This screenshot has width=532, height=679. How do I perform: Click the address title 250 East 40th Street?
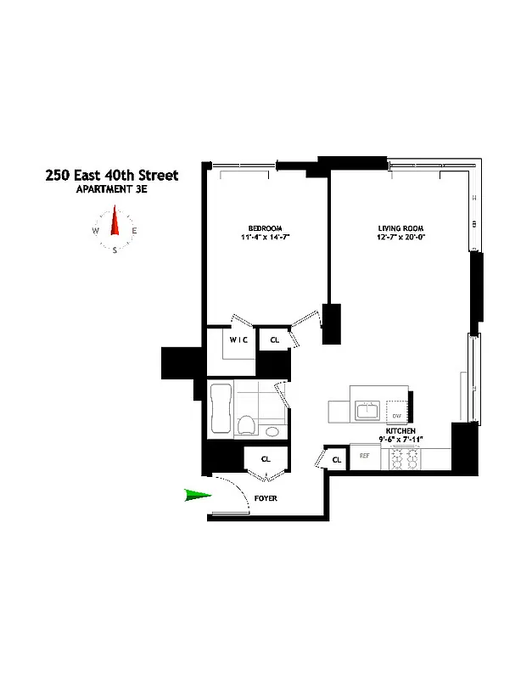111,176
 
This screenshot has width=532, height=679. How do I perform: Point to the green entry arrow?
198,496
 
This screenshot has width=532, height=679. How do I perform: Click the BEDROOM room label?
264,227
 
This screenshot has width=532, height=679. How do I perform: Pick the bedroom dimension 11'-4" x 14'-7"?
264,237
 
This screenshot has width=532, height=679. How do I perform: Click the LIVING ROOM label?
400,227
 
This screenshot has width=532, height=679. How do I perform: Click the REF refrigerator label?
365,456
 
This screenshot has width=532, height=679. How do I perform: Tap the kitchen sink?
367,412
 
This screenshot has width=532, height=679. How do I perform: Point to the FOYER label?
266,498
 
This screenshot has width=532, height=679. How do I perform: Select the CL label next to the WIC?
274,339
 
